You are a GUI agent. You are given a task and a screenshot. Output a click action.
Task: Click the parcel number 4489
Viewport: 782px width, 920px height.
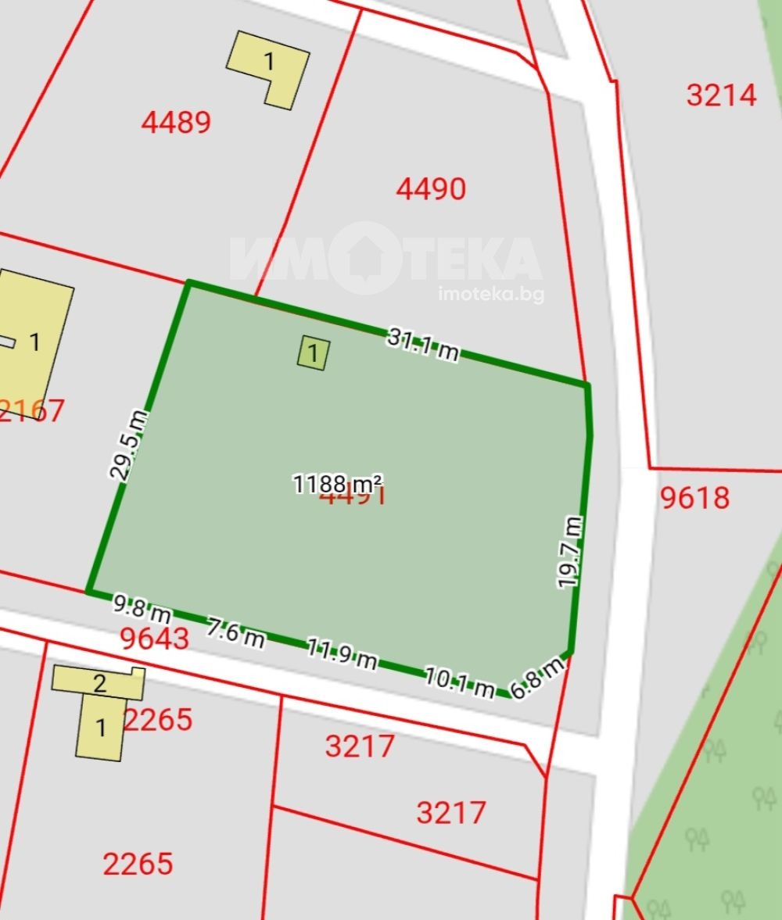tap(176, 123)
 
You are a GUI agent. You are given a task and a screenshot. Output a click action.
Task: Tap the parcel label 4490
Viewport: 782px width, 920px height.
tap(431, 189)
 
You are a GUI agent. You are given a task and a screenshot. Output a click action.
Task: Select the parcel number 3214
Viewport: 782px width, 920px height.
tap(722, 95)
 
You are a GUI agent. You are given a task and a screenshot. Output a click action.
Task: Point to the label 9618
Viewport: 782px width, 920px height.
tap(694, 498)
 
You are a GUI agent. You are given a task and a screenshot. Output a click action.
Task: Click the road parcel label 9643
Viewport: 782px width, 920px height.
tap(155, 639)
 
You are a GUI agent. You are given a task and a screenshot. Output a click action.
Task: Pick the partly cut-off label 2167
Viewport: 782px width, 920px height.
tap(31, 410)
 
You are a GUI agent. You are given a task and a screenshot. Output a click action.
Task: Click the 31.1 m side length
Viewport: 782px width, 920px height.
tap(423, 345)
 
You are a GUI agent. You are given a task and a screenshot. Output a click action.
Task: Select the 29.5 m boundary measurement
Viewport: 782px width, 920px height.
tap(128, 445)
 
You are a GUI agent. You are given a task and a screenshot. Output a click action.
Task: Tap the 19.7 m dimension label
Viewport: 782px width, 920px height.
tap(569, 552)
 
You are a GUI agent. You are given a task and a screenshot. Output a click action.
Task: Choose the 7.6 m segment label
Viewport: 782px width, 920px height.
tap(235, 632)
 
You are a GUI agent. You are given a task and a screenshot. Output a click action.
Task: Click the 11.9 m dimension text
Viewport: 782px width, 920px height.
tap(341, 654)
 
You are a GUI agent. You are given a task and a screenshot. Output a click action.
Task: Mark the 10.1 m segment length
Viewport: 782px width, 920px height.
tap(459, 682)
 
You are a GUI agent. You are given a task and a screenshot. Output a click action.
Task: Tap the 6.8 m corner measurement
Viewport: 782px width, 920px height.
tap(536, 678)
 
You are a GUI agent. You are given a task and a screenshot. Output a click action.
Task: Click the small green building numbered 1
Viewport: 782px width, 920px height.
tap(313, 353)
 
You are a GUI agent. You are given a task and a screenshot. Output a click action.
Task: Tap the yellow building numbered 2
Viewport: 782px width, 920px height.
tap(99, 682)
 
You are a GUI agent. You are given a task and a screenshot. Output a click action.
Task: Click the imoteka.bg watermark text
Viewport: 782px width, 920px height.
tap(491, 294)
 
